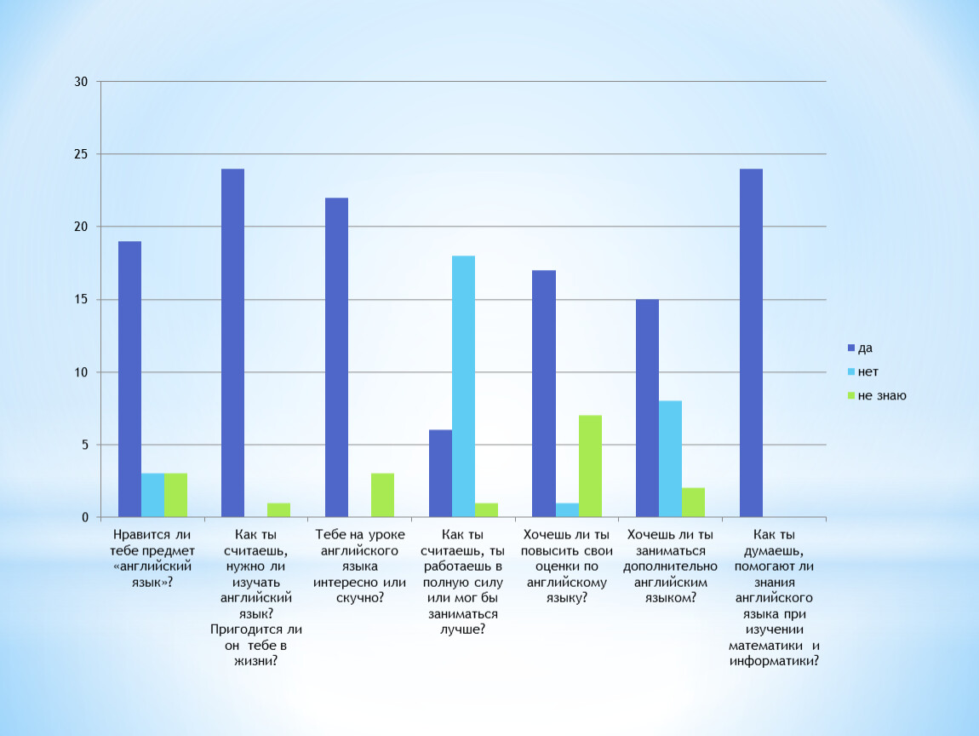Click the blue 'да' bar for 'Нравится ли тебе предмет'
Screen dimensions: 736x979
pyautogui.click(x=129, y=379)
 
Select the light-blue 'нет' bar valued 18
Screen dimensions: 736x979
pyautogui.click(x=463, y=386)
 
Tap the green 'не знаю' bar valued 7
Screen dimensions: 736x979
pyautogui.click(x=590, y=466)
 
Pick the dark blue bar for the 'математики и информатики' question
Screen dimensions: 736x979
pyautogui.click(x=751, y=342)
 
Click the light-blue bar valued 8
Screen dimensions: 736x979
pyautogui.click(x=670, y=458)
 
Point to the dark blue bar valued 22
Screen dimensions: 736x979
pyautogui.click(x=336, y=357)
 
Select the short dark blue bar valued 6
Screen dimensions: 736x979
pyautogui.click(x=440, y=473)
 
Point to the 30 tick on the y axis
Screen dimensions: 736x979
pyautogui.click(x=82, y=82)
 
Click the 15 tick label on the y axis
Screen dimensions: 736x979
pyautogui.click(x=82, y=300)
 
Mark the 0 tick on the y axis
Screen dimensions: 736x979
pyautogui.click(x=85, y=517)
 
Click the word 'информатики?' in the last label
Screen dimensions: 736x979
pyautogui.click(x=775, y=660)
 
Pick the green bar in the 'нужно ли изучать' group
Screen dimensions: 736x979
pyautogui.click(x=278, y=509)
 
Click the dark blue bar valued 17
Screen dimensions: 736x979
pyautogui.click(x=543, y=394)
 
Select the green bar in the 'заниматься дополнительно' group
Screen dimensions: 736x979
pyautogui.click(x=693, y=503)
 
